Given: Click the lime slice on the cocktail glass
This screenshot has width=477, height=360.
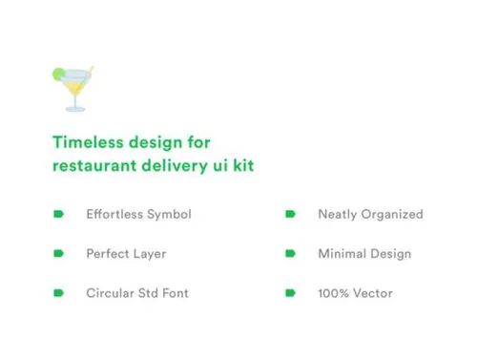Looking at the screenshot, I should tap(58, 73).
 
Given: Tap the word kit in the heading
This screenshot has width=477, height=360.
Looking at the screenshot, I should tap(242, 166).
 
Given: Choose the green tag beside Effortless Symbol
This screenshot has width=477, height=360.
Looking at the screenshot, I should tap(59, 214).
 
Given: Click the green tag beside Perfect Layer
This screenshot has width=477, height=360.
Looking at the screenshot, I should tap(59, 254).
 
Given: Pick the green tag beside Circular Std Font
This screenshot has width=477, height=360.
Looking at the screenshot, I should tap(59, 293).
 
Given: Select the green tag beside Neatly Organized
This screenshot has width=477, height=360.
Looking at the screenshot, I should tap(291, 214).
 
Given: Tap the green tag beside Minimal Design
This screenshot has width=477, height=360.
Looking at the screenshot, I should tap(291, 254).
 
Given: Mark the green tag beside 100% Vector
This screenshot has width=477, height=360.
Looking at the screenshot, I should tap(291, 293).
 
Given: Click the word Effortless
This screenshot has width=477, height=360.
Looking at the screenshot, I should tap(114, 214).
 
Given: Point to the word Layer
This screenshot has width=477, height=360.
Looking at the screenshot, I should tap(150, 254).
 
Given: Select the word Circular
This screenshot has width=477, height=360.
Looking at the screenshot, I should tap(110, 293).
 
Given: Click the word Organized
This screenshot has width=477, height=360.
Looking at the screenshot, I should tap(391, 214).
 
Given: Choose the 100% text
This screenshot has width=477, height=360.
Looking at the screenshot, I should tap(333, 293).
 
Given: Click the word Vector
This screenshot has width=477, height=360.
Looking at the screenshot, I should tap(373, 293).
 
